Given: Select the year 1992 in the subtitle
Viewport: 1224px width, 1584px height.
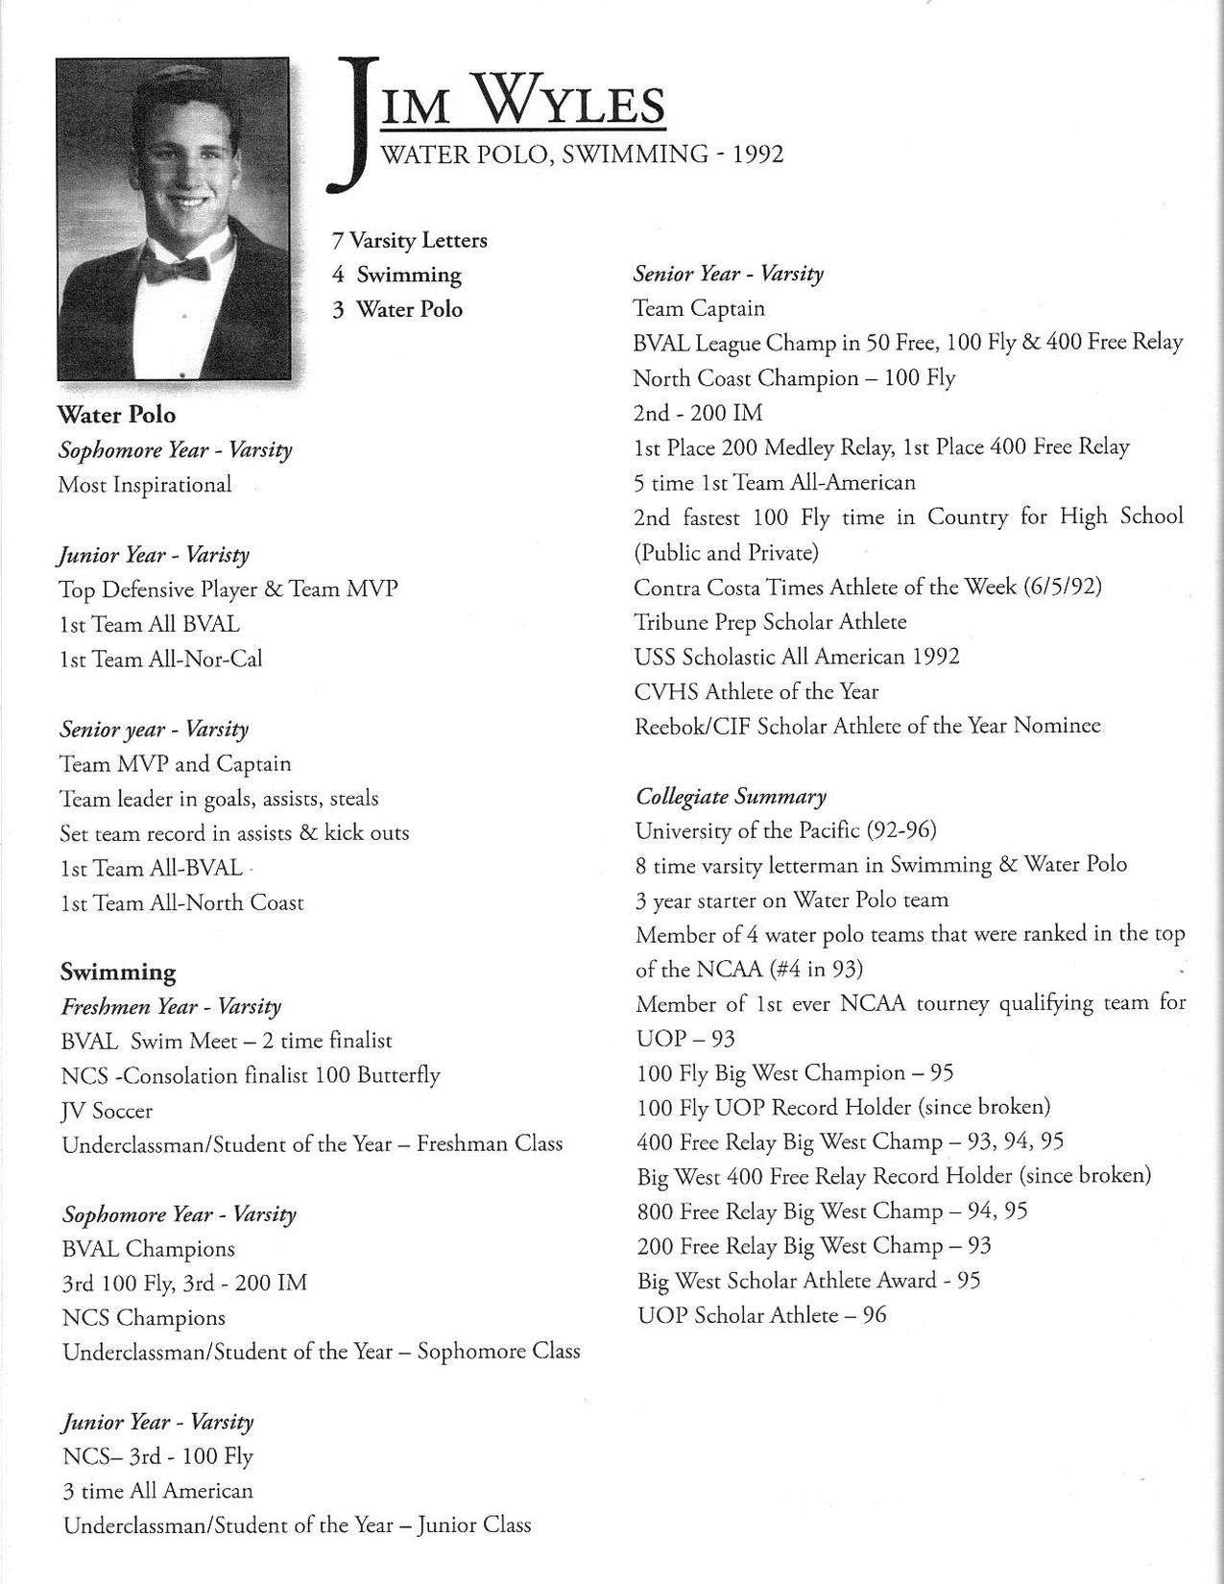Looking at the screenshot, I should pyautogui.click(x=757, y=155).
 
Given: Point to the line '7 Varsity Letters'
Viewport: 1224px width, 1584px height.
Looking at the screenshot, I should pyautogui.click(x=410, y=240).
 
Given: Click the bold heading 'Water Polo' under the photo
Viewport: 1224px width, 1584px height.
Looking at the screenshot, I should pyautogui.click(x=116, y=415).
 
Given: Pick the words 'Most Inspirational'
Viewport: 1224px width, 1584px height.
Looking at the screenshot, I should pyautogui.click(x=145, y=485).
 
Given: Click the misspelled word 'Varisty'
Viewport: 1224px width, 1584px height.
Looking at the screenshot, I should pyautogui.click(x=217, y=555).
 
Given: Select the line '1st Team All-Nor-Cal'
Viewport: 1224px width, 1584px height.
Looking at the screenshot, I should pyautogui.click(x=160, y=659).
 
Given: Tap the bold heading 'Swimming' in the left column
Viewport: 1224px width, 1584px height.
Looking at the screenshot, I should pyautogui.click(x=118, y=972).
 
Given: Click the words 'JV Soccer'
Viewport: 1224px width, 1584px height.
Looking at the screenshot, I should pyautogui.click(x=107, y=1111).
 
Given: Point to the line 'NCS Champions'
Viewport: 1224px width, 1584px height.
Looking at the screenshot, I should pyautogui.click(x=144, y=1318).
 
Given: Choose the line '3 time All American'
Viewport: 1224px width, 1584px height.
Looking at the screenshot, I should pyautogui.click(x=157, y=1491).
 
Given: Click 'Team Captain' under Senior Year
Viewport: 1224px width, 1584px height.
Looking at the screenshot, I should pyautogui.click(x=699, y=309).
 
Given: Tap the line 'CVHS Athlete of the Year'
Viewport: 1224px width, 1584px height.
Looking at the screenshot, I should pyautogui.click(x=756, y=691).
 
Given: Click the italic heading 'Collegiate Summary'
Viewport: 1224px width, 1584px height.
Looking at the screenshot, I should pyautogui.click(x=731, y=796).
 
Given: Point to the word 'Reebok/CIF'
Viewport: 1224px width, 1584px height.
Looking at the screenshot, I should pyautogui.click(x=692, y=726).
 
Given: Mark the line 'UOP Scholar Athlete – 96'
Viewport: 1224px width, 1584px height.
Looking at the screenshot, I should pyautogui.click(x=761, y=1315).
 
